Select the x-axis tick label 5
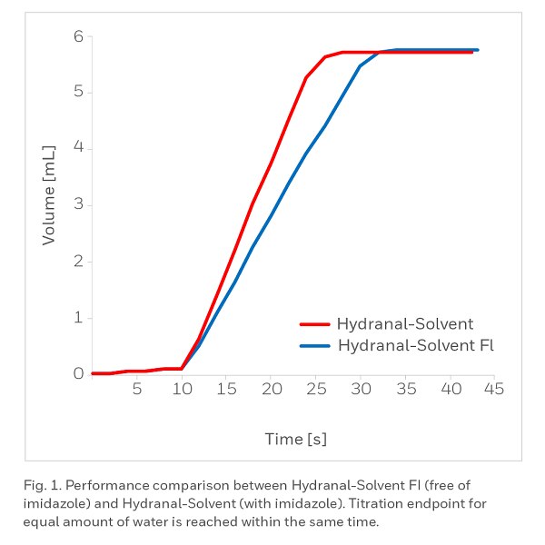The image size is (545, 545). (x=136, y=390)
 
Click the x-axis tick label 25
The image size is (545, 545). (x=315, y=390)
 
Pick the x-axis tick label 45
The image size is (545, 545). (x=493, y=390)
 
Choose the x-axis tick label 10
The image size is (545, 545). (x=182, y=390)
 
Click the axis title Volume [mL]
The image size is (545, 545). (x=50, y=193)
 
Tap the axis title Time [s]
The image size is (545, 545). (x=296, y=439)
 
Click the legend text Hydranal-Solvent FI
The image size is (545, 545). (x=415, y=345)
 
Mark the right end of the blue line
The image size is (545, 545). (x=477, y=50)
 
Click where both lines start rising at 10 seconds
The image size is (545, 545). (x=182, y=369)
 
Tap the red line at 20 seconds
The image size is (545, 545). (x=271, y=163)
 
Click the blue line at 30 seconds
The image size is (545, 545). (x=360, y=65)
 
